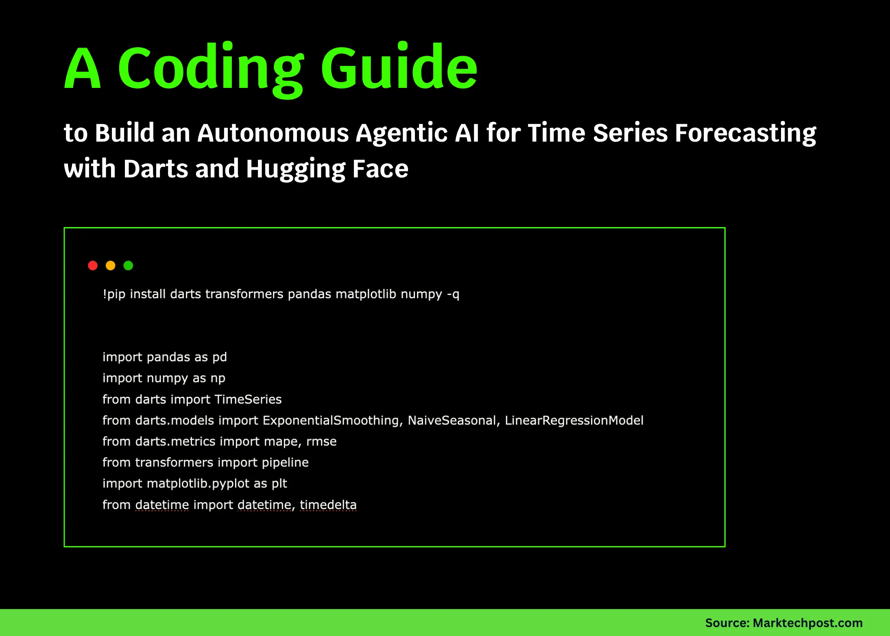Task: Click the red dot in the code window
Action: pyautogui.click(x=93, y=266)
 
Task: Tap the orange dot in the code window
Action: pyautogui.click(x=111, y=266)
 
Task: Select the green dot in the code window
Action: pyautogui.click(x=128, y=266)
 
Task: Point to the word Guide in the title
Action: pyautogui.click(x=399, y=66)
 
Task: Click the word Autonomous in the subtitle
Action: pyautogui.click(x=273, y=133)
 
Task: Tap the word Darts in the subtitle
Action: pyautogui.click(x=156, y=168)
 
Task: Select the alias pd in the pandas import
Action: pyautogui.click(x=220, y=357)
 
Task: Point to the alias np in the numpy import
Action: pyautogui.click(x=218, y=378)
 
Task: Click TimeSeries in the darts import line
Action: pyautogui.click(x=248, y=399)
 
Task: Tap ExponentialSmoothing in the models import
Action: pyautogui.click(x=331, y=421)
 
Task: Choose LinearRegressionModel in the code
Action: pyautogui.click(x=574, y=421)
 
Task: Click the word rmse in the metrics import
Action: pyautogui.click(x=321, y=442)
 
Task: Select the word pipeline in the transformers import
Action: pyautogui.click(x=285, y=463)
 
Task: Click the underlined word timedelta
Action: pyautogui.click(x=328, y=505)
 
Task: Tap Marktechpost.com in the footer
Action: pyautogui.click(x=808, y=623)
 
